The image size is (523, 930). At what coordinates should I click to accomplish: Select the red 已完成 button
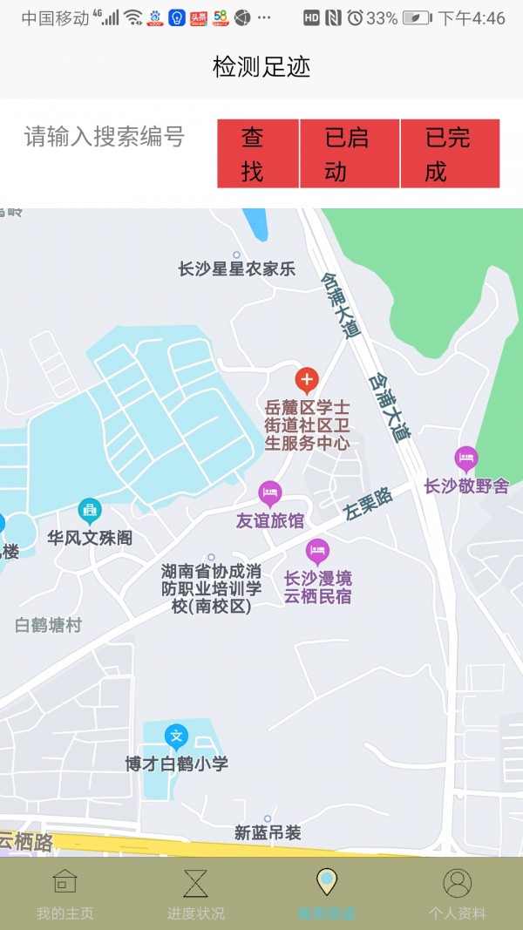click(450, 153)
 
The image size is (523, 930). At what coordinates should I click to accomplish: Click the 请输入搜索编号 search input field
click(105, 137)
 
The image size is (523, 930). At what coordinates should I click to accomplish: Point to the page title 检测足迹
click(261, 67)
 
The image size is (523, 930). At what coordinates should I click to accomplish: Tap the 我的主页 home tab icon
click(65, 883)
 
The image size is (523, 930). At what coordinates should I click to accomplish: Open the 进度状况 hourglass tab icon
click(196, 883)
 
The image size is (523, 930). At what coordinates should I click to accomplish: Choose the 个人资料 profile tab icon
click(457, 883)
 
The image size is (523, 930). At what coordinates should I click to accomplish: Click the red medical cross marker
click(306, 380)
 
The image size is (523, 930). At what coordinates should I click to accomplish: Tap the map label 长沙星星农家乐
click(236, 268)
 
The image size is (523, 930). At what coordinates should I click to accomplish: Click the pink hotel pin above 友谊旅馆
click(270, 493)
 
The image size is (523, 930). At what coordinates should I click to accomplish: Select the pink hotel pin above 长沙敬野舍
click(466, 458)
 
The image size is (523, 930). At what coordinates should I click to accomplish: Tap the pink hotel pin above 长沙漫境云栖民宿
click(317, 551)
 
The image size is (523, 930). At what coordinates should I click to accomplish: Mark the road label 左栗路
click(370, 504)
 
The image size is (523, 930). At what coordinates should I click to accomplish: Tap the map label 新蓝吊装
click(268, 833)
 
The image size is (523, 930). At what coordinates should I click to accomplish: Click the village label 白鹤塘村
click(48, 625)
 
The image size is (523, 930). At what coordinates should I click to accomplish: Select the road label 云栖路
click(26, 841)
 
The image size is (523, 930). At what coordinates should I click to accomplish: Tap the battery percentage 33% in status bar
click(382, 18)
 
